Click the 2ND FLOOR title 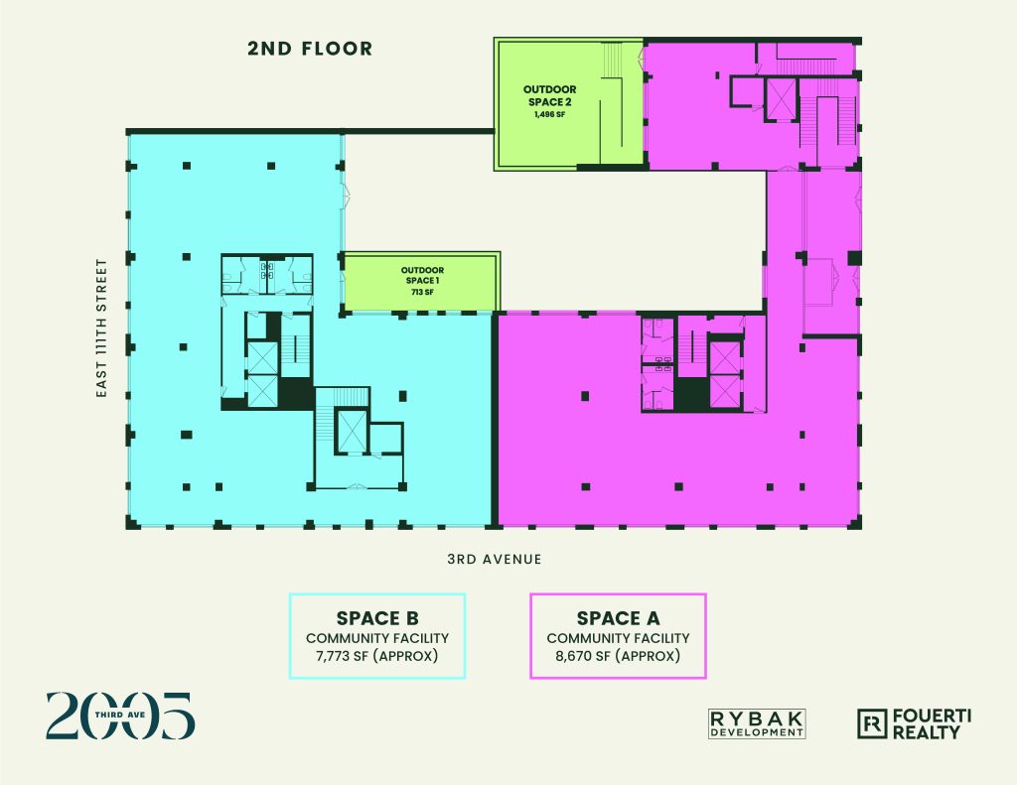pos(310,49)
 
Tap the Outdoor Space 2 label pos(549,95)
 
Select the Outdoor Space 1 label pos(422,275)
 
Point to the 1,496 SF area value pos(549,115)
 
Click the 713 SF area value pos(422,293)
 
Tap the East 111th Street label pos(101,328)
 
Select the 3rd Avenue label pos(495,559)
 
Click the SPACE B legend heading pos(377,617)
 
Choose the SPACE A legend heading pos(618,617)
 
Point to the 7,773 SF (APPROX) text pos(377,656)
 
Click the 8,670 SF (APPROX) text pos(618,656)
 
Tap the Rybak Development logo pos(757,724)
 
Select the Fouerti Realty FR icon pos(872,724)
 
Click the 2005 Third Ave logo pos(120,716)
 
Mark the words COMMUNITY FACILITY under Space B pos(377,638)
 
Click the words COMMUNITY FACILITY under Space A pos(618,638)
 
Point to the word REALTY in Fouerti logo pos(927,732)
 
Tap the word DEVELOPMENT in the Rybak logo pos(757,732)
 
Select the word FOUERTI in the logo pos(932,717)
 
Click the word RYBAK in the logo pos(757,719)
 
